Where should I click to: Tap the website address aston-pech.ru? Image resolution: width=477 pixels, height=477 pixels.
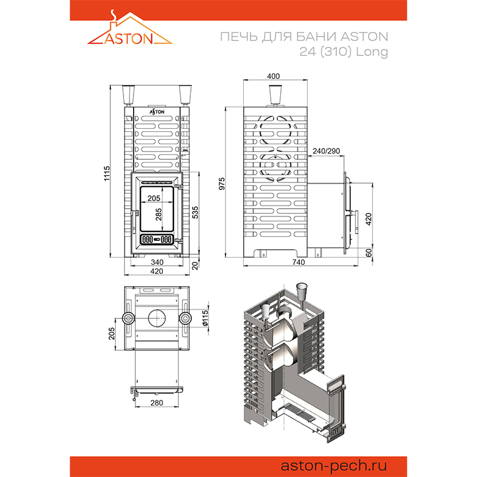(333, 466)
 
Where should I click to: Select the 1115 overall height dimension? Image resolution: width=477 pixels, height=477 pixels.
(107, 174)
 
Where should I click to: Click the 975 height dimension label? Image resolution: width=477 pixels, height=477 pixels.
(222, 184)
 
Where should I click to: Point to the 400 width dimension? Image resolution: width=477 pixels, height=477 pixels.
(273, 76)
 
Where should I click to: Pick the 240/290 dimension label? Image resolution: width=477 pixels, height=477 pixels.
(326, 151)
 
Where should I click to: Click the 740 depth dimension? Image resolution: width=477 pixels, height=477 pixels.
(298, 262)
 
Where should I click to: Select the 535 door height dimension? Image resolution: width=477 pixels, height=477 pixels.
(195, 212)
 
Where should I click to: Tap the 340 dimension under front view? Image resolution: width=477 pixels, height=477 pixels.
(157, 262)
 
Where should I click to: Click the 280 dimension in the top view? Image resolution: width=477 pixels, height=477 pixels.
(157, 403)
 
